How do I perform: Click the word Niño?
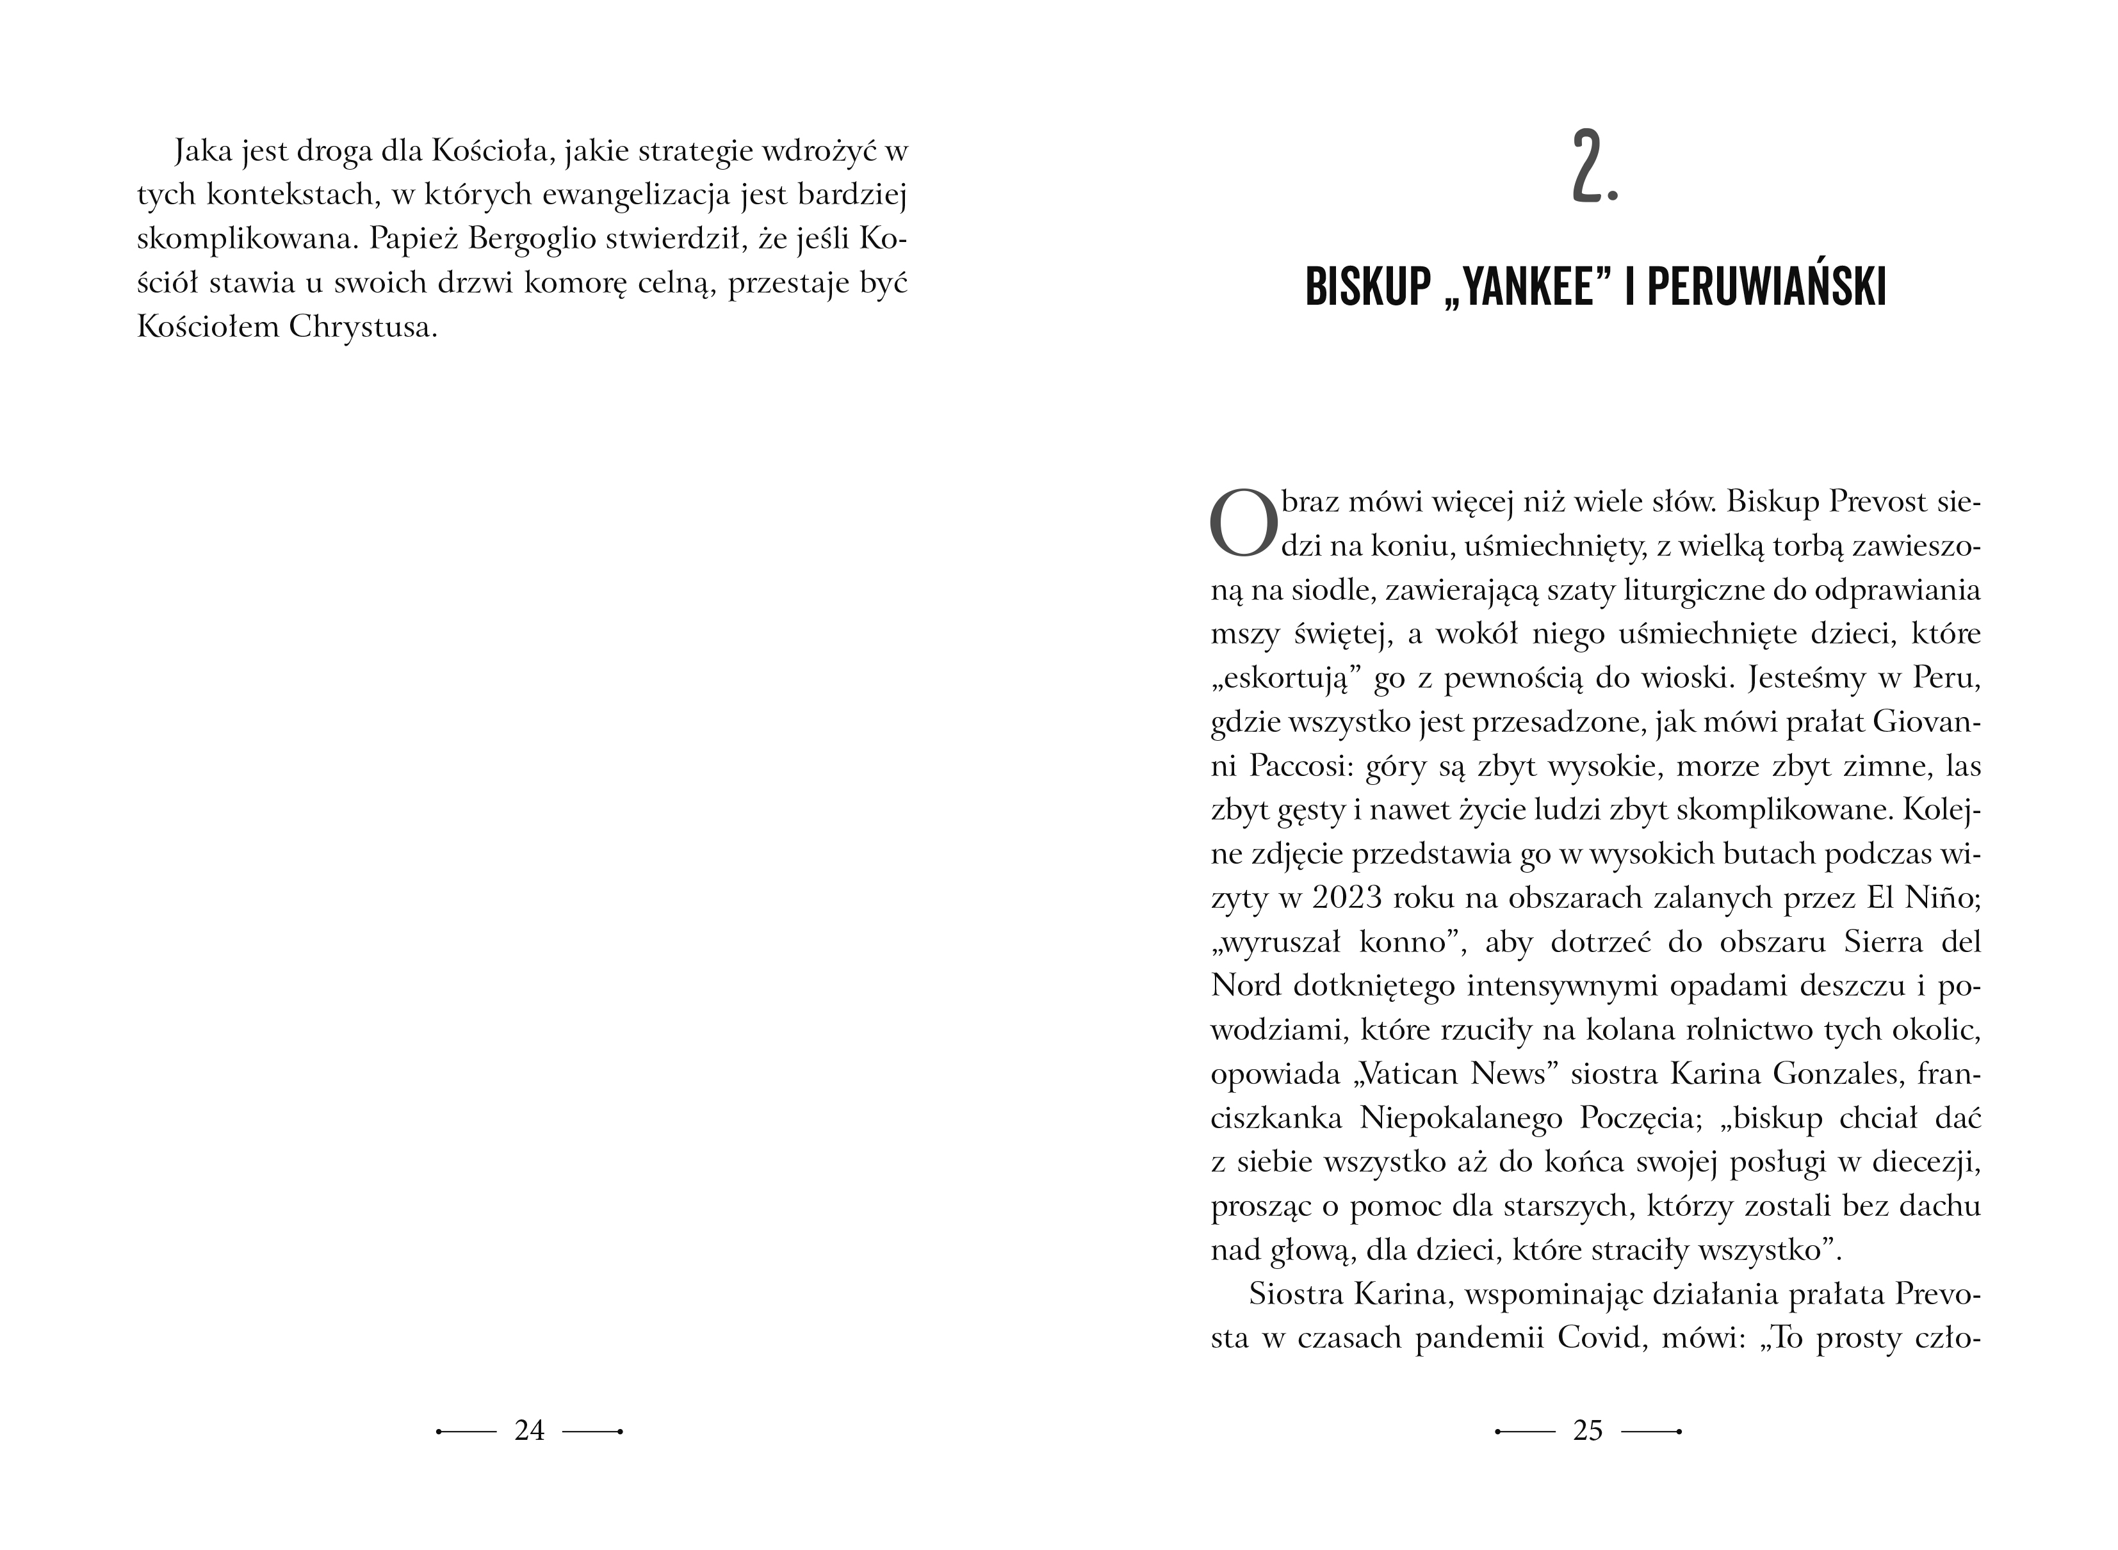pos(1944,898)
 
